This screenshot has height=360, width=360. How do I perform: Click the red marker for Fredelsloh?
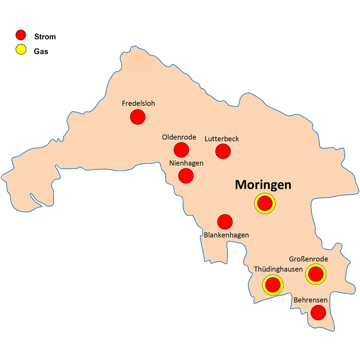click(x=138, y=117)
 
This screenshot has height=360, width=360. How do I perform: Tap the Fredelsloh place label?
click(x=138, y=103)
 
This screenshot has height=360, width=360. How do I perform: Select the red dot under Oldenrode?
click(x=181, y=150)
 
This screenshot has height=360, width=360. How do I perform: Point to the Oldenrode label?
click(x=179, y=137)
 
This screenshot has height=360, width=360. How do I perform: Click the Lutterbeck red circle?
click(x=223, y=151)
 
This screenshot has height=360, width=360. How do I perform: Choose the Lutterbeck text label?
click(x=222, y=139)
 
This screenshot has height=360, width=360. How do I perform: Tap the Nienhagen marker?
click(x=186, y=175)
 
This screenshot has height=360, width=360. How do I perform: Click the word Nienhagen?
click(x=186, y=163)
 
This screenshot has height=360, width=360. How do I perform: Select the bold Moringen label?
click(x=263, y=185)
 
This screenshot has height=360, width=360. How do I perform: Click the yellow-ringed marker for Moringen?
click(x=265, y=203)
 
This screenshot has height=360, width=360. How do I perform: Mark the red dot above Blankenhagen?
click(x=225, y=222)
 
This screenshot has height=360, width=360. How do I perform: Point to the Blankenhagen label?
click(x=226, y=235)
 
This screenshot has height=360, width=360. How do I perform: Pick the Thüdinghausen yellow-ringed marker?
click(x=273, y=285)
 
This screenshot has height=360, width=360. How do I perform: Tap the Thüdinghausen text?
click(x=278, y=269)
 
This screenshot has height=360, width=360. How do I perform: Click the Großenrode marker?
click(x=316, y=274)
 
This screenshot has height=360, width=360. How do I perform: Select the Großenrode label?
click(x=308, y=259)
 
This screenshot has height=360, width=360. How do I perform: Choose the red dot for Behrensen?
click(x=318, y=312)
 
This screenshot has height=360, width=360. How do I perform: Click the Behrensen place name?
click(x=310, y=300)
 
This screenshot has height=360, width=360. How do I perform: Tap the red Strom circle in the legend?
click(x=21, y=35)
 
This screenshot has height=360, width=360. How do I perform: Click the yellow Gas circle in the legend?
click(x=21, y=49)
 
